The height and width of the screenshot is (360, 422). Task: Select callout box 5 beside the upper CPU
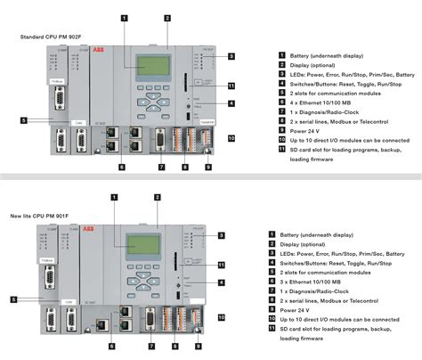25,119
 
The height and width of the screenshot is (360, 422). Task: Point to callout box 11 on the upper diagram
231,86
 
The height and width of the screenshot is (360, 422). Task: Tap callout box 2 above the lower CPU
157,197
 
